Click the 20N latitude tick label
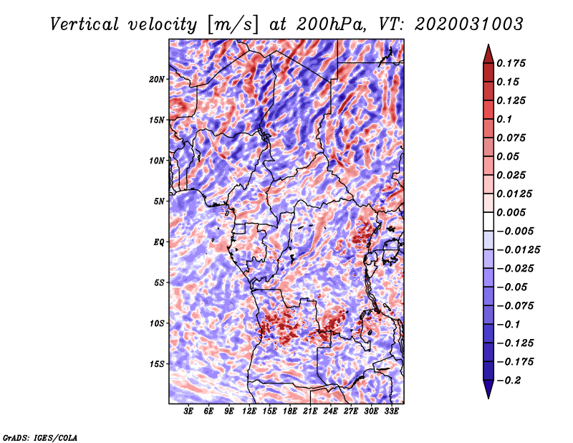click(x=157, y=79)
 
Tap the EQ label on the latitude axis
click(x=158, y=242)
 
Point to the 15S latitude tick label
click(x=157, y=364)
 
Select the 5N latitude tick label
click(x=159, y=201)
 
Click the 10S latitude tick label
click(x=157, y=323)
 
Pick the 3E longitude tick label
click(x=189, y=411)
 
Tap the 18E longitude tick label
click(x=290, y=411)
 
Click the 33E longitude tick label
click(x=392, y=411)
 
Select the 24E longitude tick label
click(x=331, y=411)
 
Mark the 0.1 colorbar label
click(x=505, y=119)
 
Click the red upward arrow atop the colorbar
click(x=487, y=52)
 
